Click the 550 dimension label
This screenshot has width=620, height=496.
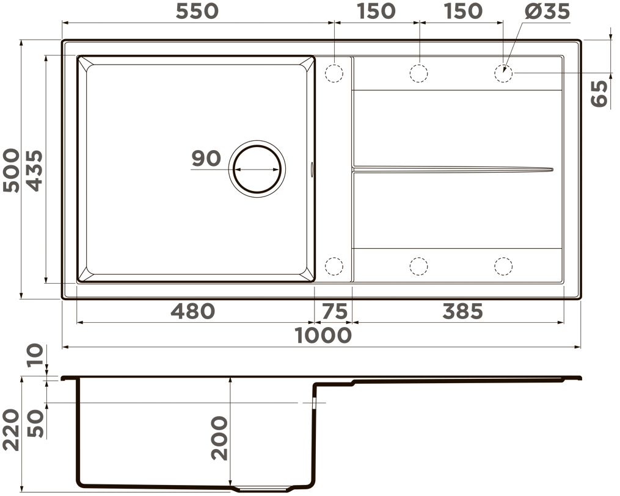click(x=197, y=11)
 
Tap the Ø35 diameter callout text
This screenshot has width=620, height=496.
click(x=547, y=11)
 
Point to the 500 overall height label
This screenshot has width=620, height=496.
click(x=11, y=170)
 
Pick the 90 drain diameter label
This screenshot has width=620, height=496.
click(x=206, y=159)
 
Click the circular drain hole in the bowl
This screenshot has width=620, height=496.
click(x=257, y=169)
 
